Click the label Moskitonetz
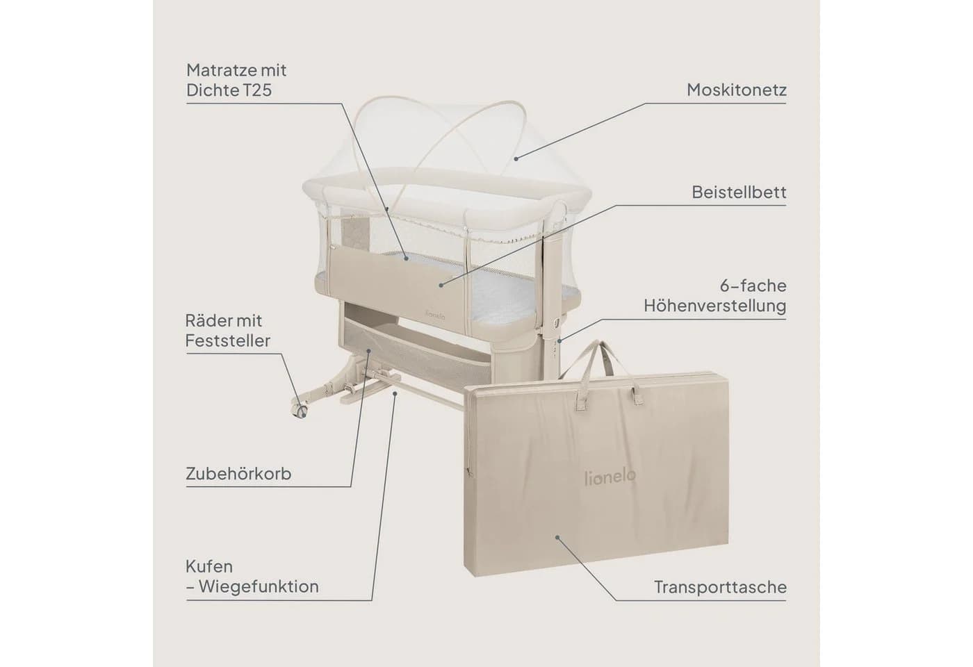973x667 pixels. tap(736, 90)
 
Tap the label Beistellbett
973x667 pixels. tap(739, 192)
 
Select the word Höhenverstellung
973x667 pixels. tap(715, 306)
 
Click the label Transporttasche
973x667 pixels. tap(720, 587)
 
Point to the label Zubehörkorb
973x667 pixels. tap(238, 474)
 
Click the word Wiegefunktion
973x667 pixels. tap(259, 586)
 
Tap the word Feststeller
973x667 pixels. tap(228, 340)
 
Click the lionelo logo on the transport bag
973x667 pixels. tap(610, 477)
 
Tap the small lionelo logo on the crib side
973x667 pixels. tap(435, 316)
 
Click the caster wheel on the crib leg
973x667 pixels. tap(300, 411)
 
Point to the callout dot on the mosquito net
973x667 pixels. tap(516, 159)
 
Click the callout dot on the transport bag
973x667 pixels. tap(557, 537)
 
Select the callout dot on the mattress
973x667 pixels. tap(406, 258)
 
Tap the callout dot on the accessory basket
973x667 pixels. tap(369, 350)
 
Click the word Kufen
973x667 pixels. tap(209, 567)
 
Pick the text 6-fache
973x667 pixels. tap(753, 286)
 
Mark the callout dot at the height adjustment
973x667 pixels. tap(559, 341)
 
